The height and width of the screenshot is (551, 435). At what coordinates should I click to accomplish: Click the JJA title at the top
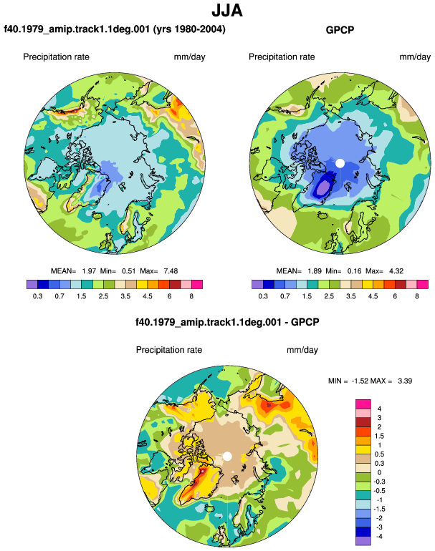[227, 11]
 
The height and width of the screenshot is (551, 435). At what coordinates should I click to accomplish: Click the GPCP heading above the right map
[340, 30]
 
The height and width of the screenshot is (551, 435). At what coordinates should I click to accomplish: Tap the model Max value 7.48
[171, 271]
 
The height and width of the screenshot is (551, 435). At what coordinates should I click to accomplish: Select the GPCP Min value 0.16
[355, 271]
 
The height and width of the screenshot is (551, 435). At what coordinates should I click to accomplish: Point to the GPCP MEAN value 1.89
[315, 271]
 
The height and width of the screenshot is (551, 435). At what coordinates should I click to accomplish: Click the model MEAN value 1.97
[89, 271]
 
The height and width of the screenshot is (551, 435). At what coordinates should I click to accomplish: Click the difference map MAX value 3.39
[405, 381]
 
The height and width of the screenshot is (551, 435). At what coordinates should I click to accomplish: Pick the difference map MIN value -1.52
[359, 381]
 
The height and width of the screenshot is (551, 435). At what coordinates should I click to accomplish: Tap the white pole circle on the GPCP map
[340, 163]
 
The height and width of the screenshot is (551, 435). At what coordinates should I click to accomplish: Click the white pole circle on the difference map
[227, 457]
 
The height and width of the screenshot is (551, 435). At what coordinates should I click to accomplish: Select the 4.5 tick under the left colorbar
[148, 296]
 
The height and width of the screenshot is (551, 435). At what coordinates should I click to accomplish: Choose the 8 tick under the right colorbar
[417, 296]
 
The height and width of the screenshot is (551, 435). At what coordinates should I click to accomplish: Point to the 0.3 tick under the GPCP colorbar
[263, 296]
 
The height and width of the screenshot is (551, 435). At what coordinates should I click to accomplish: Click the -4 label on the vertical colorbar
[379, 536]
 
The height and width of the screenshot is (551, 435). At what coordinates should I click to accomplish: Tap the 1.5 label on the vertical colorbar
[379, 436]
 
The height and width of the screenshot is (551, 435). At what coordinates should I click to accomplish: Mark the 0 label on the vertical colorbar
[379, 472]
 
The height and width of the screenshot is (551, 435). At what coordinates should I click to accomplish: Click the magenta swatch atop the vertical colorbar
[363, 404]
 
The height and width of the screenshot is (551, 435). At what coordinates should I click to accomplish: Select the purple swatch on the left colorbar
[32, 284]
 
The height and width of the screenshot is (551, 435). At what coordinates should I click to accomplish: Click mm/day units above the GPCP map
[415, 57]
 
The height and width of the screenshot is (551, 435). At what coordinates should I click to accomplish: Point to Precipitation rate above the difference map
[169, 350]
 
